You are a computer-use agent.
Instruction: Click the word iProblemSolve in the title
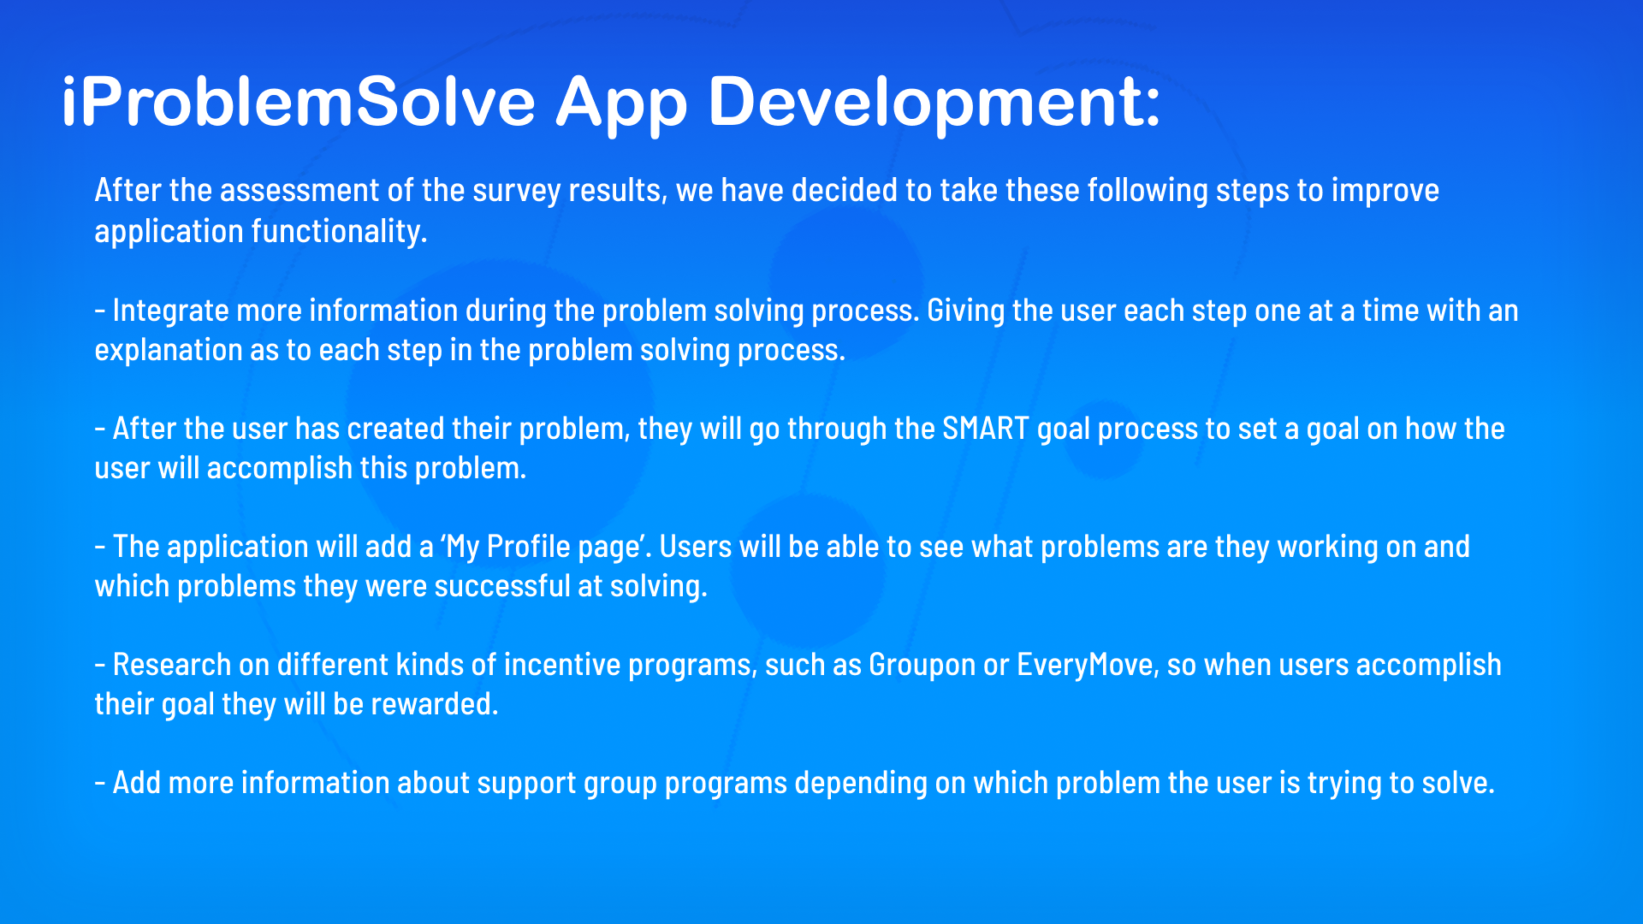coord(298,102)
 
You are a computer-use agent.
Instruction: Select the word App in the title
coord(621,104)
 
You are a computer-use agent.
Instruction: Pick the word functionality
coord(339,231)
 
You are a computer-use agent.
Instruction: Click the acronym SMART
coord(986,429)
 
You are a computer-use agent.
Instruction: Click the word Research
coord(172,665)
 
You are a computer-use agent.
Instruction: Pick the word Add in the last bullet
coord(137,783)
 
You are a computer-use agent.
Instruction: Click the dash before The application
coord(100,547)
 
